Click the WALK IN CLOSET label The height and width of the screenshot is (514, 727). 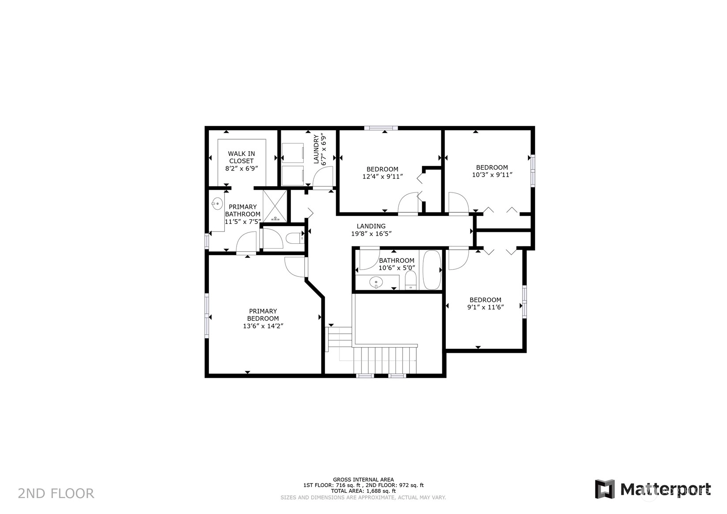tap(241, 157)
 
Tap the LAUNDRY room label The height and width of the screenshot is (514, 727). tap(316, 149)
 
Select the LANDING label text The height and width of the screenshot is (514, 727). tap(371, 226)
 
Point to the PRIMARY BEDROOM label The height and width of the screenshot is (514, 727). tap(263, 315)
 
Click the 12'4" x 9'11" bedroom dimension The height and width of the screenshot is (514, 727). tap(382, 177)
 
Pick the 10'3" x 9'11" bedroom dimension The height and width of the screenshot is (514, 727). tap(492, 175)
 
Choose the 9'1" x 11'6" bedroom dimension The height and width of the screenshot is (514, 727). tap(485, 307)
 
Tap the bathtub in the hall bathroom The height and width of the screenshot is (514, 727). tap(432, 270)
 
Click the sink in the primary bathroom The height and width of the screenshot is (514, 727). tap(217, 204)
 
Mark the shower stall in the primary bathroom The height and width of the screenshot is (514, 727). tap(275, 206)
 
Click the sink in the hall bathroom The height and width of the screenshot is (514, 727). tap(376, 282)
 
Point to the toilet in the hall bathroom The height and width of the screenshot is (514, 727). tap(411, 280)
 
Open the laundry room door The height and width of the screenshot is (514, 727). tap(323, 177)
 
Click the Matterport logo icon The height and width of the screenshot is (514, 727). tap(605, 489)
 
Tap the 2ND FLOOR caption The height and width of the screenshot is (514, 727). tap(56, 494)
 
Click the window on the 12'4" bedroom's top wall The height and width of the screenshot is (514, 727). tap(380, 128)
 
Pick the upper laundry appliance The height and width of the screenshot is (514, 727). tap(293, 153)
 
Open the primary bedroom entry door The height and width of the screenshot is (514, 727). tap(296, 267)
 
